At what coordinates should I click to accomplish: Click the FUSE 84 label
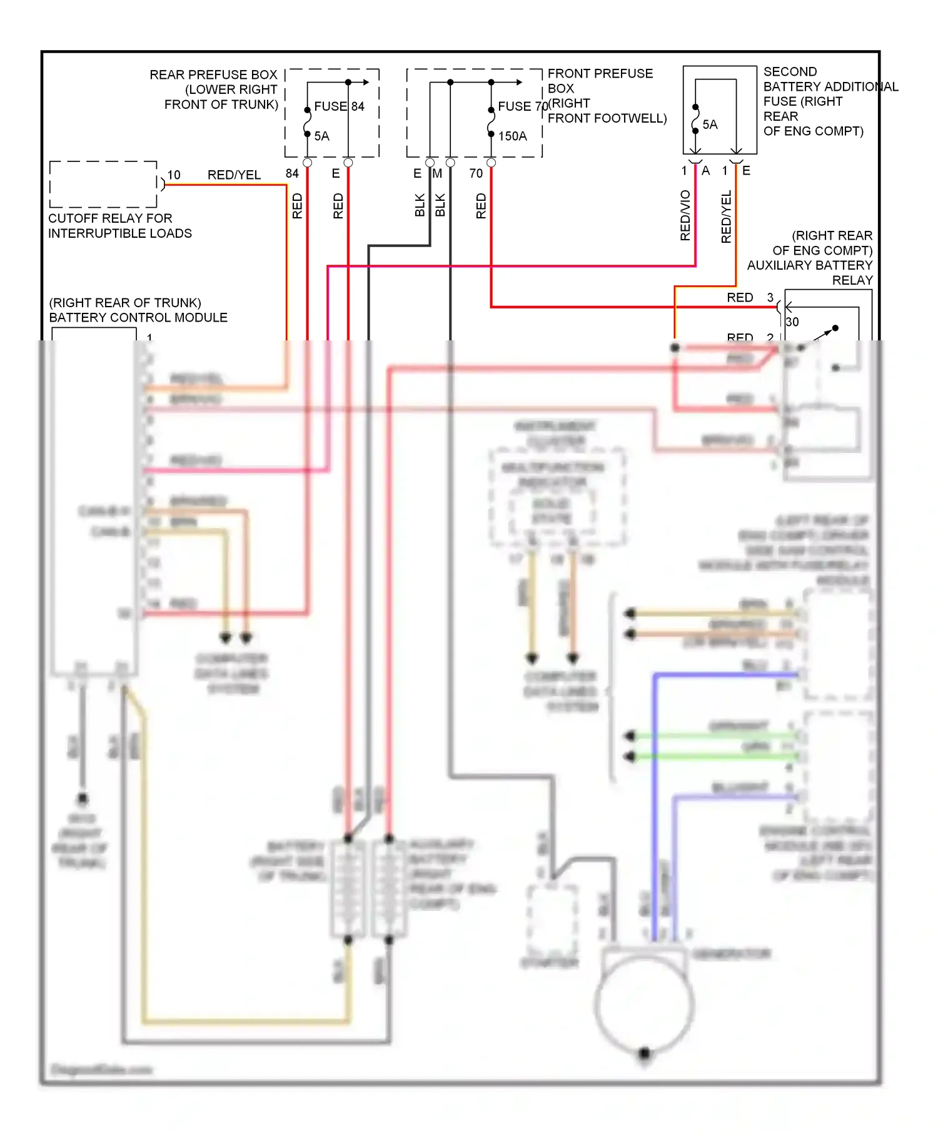[339, 106]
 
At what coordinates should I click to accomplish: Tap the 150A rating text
[512, 136]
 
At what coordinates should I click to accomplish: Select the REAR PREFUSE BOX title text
[213, 74]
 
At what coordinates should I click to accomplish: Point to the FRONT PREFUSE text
[600, 74]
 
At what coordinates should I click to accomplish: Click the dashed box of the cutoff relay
[103, 184]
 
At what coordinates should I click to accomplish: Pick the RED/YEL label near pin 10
[234, 175]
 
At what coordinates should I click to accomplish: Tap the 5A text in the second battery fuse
[710, 125]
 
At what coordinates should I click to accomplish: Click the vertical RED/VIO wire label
[685, 215]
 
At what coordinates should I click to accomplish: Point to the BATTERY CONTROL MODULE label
[138, 317]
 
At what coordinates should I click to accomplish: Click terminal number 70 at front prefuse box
[476, 173]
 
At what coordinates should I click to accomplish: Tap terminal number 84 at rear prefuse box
[292, 173]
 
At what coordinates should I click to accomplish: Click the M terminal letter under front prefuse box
[437, 173]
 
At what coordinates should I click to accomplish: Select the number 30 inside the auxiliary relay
[792, 322]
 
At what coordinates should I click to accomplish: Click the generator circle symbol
[645, 1004]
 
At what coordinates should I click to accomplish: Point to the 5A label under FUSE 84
[321, 136]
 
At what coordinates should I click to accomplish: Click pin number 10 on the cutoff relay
[174, 175]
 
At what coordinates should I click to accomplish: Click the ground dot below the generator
[645, 1053]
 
